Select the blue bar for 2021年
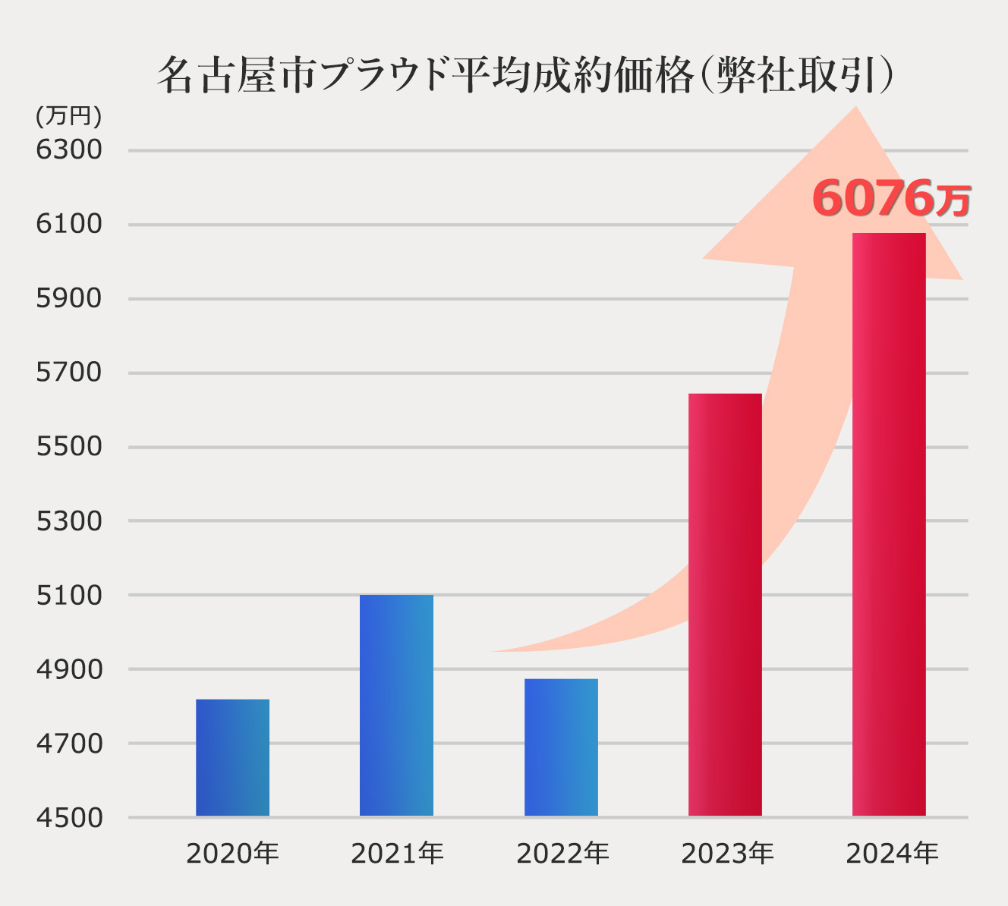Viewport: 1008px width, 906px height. click(x=396, y=705)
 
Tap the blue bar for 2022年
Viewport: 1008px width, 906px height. click(x=561, y=747)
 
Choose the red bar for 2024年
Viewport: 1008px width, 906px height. click(x=889, y=524)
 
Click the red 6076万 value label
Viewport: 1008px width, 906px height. click(x=890, y=198)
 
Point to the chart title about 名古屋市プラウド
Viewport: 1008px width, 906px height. click(x=524, y=75)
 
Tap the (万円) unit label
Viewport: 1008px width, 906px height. click(x=68, y=116)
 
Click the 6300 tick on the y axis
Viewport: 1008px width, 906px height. click(x=69, y=149)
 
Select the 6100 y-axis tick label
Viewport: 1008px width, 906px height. click(x=69, y=224)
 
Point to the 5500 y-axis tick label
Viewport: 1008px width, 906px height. click(x=69, y=446)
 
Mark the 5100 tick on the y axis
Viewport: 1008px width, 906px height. click(x=69, y=595)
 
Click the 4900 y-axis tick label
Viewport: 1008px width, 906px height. click(x=69, y=669)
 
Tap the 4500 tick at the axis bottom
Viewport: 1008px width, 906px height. click(x=69, y=817)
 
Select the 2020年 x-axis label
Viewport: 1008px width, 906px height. click(x=232, y=854)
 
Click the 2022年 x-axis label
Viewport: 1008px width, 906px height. click(x=562, y=854)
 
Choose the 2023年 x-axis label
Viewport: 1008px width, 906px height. click(x=727, y=854)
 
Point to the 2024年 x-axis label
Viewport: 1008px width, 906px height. click(x=892, y=854)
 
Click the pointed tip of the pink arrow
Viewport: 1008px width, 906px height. click(x=856, y=109)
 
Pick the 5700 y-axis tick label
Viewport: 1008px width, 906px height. click(x=69, y=372)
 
